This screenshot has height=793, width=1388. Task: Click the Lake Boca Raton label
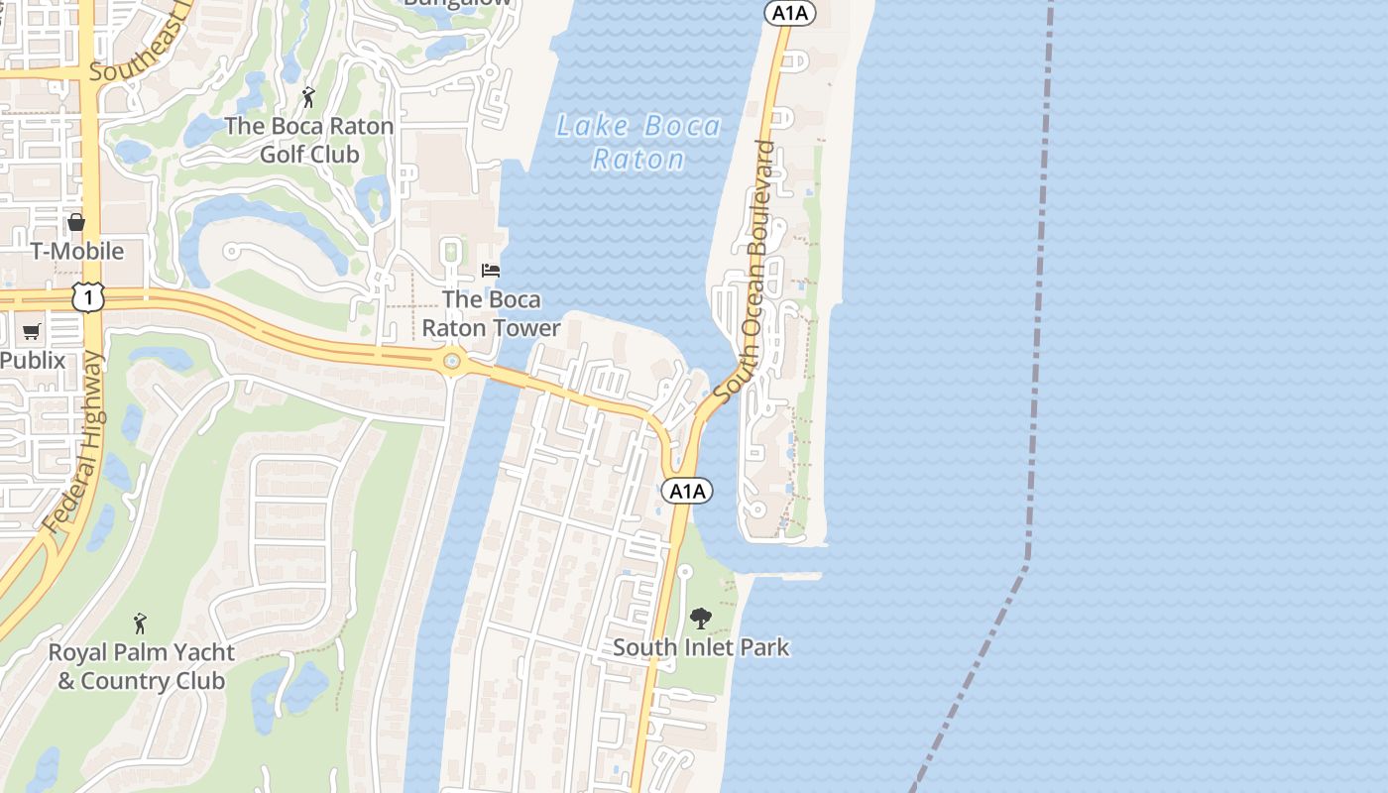point(638,143)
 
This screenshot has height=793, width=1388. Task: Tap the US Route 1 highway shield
point(88,296)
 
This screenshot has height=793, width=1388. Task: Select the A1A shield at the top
point(789,13)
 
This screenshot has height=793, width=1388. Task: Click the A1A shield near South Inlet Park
point(687,491)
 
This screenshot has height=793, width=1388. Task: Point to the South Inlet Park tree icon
point(701,619)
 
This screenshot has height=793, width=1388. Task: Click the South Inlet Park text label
point(701,648)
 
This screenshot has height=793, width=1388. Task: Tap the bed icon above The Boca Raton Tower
point(491,270)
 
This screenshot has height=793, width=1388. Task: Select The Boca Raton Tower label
point(492,312)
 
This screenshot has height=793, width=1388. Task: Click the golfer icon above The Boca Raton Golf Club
point(309,97)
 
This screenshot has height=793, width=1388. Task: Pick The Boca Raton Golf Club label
point(309,141)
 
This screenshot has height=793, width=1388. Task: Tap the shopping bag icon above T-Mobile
point(76,222)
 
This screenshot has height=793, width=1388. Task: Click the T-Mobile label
point(77,251)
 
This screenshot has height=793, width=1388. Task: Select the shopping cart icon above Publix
point(32,331)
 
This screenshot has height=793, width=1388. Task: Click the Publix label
point(33,360)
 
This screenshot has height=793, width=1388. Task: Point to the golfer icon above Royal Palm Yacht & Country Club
point(141,623)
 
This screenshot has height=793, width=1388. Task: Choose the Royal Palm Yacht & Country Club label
point(142,667)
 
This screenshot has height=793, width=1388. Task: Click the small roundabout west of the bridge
point(453,362)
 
